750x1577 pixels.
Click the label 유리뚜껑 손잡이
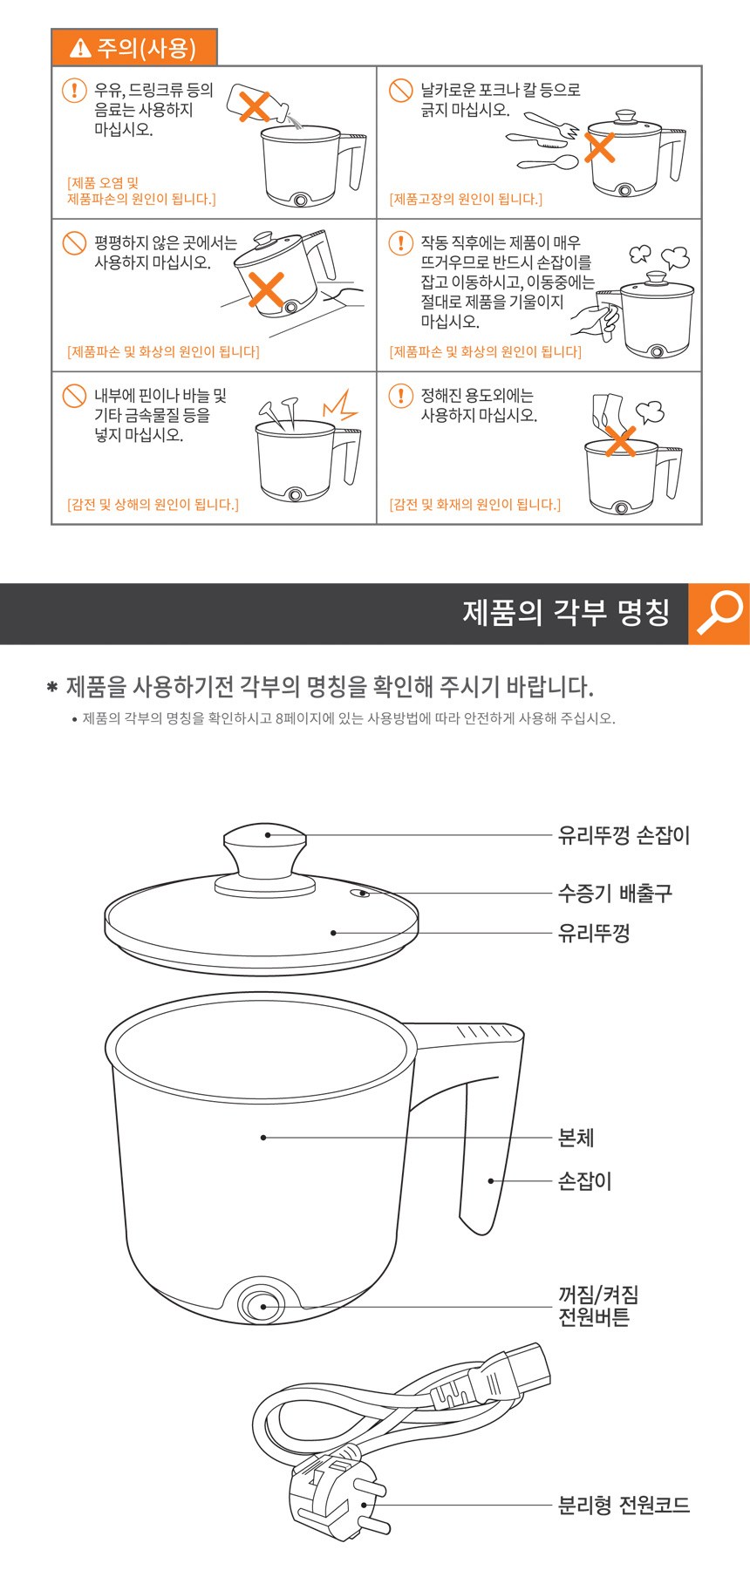pyautogui.click(x=624, y=835)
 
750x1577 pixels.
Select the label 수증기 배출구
pyautogui.click(x=615, y=893)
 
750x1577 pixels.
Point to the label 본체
pyautogui.click(x=576, y=1137)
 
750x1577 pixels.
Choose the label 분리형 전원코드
pyautogui.click(x=624, y=1505)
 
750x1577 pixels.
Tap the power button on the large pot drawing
pyautogui.click(x=261, y=1305)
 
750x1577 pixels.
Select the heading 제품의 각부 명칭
pyautogui.click(x=566, y=612)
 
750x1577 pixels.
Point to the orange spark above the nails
pyautogui.click(x=341, y=405)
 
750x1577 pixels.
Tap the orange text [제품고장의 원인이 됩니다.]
pyautogui.click(x=465, y=199)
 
